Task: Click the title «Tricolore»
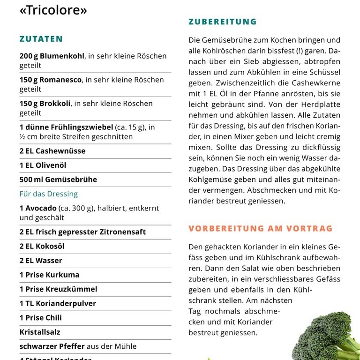pyautogui.click(x=53, y=10)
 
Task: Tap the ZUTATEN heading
pyautogui.click(x=41, y=39)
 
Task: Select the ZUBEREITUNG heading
pyautogui.click(x=222, y=22)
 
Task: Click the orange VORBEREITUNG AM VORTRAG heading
pyautogui.click(x=260, y=229)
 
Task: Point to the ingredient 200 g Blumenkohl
pyautogui.click(x=52, y=56)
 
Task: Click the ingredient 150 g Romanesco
pyautogui.click(x=51, y=80)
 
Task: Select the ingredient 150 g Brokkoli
pyautogui.click(x=45, y=103)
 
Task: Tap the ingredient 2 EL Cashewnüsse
pyautogui.click(x=52, y=151)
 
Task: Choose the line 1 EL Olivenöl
pyautogui.click(x=43, y=165)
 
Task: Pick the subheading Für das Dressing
pyautogui.click(x=48, y=194)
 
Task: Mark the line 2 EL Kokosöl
pyautogui.click(x=42, y=246)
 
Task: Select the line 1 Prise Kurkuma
pyautogui.click(x=49, y=275)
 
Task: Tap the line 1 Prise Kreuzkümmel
pyautogui.click(x=58, y=289)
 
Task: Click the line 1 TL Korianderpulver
pyautogui.click(x=57, y=303)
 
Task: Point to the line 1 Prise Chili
pyautogui.click(x=40, y=318)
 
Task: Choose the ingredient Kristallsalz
pyautogui.click(x=40, y=332)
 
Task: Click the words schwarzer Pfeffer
pyautogui.click(x=52, y=346)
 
